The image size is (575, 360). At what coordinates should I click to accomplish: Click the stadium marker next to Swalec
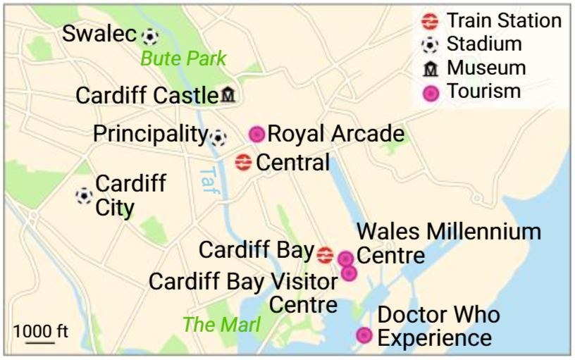(x=149, y=35)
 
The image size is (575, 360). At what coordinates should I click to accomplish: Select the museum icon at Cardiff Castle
(x=228, y=95)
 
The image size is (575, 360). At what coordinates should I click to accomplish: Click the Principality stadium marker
(x=218, y=137)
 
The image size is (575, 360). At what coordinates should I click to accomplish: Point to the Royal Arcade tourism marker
(x=257, y=134)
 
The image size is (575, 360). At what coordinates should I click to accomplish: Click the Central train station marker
(x=243, y=163)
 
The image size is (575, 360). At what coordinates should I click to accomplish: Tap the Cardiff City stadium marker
(x=84, y=195)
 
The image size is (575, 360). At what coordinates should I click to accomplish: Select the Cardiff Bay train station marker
(x=325, y=254)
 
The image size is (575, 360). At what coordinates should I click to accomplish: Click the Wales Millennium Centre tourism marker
(x=345, y=259)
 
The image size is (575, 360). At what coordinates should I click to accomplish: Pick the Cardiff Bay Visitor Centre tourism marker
(x=348, y=273)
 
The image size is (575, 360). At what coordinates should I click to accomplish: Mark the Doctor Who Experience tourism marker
(x=364, y=335)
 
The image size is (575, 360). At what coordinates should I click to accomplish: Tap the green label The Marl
(x=221, y=325)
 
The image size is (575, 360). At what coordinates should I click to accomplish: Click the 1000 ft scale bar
(x=40, y=342)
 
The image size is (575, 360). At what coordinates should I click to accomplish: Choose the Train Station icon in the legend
(x=429, y=21)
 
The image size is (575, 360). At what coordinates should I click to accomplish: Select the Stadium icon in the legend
(x=429, y=45)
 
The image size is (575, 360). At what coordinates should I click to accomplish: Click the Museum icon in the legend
(x=429, y=69)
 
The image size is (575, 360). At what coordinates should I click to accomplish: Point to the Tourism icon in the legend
(x=429, y=92)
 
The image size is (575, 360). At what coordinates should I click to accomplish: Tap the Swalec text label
(x=99, y=33)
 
